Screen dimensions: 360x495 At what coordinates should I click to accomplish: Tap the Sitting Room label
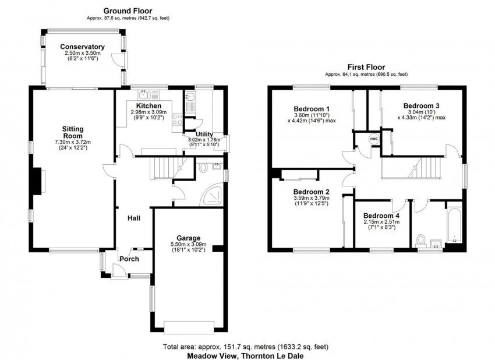73,133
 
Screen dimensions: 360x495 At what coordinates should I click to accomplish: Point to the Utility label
204,135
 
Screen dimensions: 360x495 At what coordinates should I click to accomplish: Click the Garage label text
185,238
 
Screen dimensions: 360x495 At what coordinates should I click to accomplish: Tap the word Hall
134,218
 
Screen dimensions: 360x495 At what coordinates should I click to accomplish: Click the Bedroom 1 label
312,109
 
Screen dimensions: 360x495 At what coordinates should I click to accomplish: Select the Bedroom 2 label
312,192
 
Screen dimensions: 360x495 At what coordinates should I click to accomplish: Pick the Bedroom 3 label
422,105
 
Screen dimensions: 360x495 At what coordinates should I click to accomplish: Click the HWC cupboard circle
373,140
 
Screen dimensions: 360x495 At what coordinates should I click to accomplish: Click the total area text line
245,347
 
